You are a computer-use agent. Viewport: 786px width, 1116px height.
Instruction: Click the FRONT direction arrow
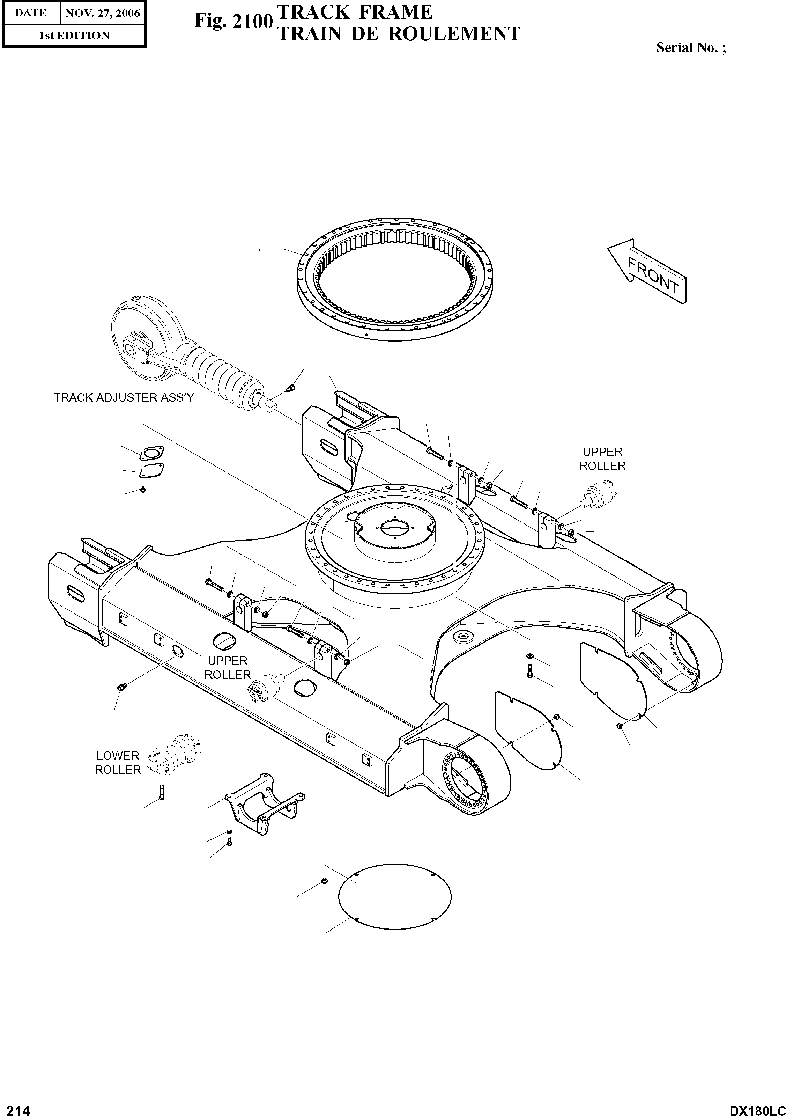[x=648, y=272]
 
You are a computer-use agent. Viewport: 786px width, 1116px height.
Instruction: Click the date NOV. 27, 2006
[x=103, y=13]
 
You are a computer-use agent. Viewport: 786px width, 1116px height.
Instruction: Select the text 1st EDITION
[x=74, y=36]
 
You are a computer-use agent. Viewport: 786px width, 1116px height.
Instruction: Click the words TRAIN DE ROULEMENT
[x=398, y=34]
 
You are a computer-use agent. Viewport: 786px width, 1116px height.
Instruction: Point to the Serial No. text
[x=690, y=47]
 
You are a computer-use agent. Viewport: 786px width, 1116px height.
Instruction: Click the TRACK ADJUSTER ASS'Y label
[x=124, y=398]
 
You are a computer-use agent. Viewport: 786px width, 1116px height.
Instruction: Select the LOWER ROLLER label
[x=118, y=763]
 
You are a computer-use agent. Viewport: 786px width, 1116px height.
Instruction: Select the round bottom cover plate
[x=394, y=895]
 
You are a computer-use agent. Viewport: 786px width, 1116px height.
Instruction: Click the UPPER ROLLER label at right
[x=602, y=459]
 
